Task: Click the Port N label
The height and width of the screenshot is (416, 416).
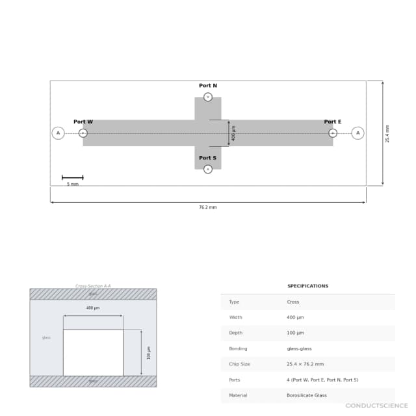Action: pyautogui.click(x=208, y=86)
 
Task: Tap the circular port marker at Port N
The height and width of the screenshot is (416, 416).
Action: pyautogui.click(x=208, y=97)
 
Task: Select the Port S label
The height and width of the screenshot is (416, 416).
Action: pyautogui.click(x=208, y=158)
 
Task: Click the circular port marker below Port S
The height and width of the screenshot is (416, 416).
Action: pyautogui.click(x=208, y=169)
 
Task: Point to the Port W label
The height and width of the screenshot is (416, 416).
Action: pyautogui.click(x=83, y=122)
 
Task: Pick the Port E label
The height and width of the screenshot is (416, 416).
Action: pyautogui.click(x=333, y=122)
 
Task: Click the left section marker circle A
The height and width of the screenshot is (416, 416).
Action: pyautogui.click(x=58, y=133)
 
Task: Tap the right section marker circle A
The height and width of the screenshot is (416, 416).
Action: pyautogui.click(x=357, y=133)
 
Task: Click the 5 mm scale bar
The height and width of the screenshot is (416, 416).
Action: pyautogui.click(x=72, y=177)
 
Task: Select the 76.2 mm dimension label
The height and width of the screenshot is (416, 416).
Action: pyautogui.click(x=208, y=207)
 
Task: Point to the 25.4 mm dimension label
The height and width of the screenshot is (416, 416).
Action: pyautogui.click(x=388, y=133)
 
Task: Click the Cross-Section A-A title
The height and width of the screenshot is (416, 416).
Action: pyautogui.click(x=93, y=286)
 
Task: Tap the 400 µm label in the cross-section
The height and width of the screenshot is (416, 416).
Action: pyautogui.click(x=93, y=308)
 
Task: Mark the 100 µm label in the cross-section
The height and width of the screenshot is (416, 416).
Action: pyautogui.click(x=149, y=352)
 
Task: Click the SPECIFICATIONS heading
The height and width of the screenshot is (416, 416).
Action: pyautogui.click(x=307, y=286)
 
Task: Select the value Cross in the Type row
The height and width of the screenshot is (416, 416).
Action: pyautogui.click(x=293, y=302)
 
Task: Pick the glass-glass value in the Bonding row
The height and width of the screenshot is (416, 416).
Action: pyautogui.click(x=299, y=348)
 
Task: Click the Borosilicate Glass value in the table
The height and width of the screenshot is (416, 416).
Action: pyautogui.click(x=307, y=395)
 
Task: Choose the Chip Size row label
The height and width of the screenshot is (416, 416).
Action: pyautogui.click(x=239, y=364)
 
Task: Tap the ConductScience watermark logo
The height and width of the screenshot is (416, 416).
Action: pyautogui.click(x=376, y=406)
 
